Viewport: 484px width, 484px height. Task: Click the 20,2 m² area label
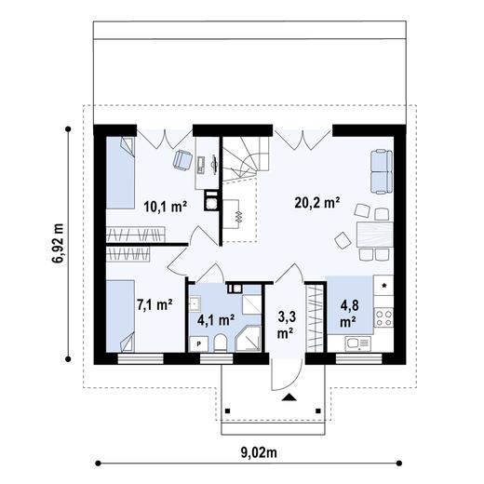pyautogui.click(x=316, y=202)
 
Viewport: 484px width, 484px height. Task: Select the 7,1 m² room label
pyautogui.click(x=154, y=304)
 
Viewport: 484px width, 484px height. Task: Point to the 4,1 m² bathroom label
pyautogui.click(x=215, y=319)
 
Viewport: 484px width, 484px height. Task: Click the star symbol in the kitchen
pyautogui.click(x=384, y=283)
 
